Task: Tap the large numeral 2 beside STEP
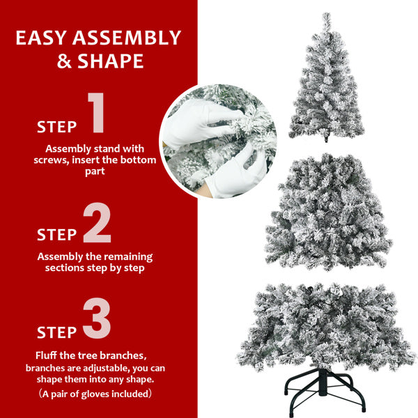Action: click(x=97, y=224)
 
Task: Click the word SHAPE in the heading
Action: click(x=111, y=61)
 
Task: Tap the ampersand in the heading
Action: click(x=65, y=61)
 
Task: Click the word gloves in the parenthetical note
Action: click(x=105, y=394)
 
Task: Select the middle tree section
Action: click(x=327, y=209)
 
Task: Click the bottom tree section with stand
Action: click(x=326, y=327)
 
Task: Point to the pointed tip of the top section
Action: click(x=326, y=15)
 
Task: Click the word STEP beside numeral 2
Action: click(x=56, y=235)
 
